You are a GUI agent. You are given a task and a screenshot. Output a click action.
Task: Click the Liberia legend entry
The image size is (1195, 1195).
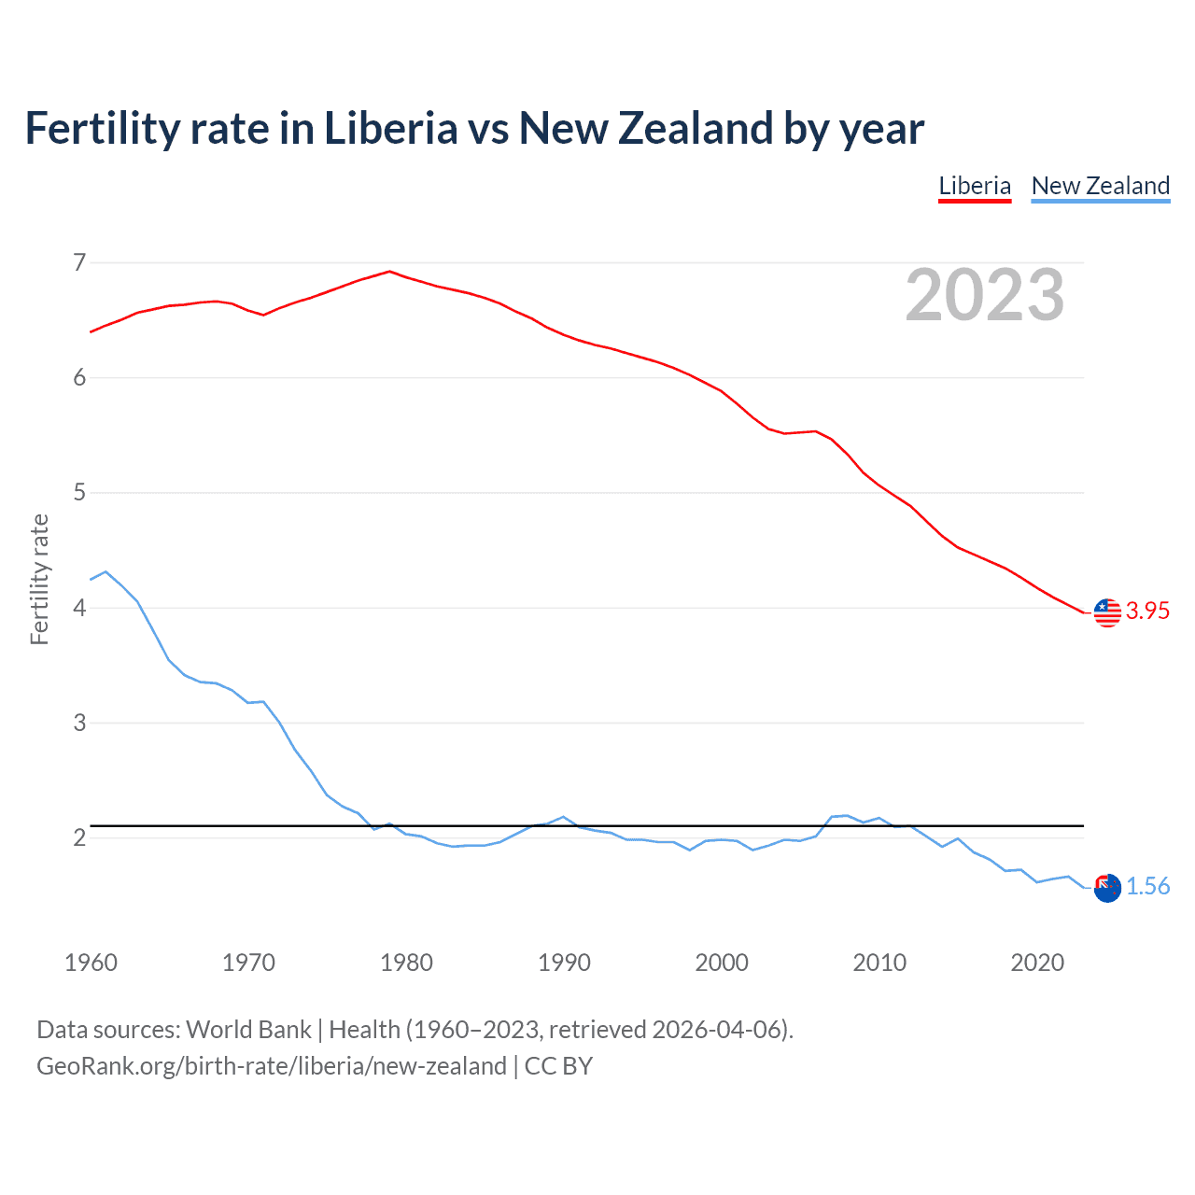975,186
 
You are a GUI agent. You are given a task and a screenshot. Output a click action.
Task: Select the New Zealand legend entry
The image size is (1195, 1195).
1100,186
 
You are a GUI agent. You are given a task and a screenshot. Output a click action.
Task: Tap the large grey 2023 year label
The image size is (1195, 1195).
984,295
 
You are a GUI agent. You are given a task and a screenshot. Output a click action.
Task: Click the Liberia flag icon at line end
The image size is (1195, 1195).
1107,612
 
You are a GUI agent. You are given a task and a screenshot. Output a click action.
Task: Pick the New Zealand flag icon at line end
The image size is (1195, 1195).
1107,888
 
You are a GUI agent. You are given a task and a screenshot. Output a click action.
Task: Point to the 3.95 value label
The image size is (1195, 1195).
1147,611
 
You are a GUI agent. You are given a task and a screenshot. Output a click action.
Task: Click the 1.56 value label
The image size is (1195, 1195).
1147,886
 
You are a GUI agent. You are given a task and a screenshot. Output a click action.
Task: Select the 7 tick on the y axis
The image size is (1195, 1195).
79,262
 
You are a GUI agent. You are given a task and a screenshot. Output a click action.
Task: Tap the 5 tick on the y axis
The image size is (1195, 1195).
79,492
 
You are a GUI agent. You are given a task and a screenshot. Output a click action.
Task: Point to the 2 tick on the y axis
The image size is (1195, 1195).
79,837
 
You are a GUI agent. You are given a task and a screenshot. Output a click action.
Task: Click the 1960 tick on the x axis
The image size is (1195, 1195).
91,963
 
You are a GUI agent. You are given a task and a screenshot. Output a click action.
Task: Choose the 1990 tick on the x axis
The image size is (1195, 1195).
564,963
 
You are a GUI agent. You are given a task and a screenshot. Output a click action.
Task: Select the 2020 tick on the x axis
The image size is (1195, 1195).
1037,963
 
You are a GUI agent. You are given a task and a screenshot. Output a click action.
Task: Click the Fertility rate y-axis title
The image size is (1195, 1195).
39,579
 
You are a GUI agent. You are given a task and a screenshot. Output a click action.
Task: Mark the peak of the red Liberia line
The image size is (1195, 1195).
389,272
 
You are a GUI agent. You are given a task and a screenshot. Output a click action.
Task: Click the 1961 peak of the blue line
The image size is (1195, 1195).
105,571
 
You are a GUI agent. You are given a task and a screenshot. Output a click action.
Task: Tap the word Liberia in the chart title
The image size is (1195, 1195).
390,129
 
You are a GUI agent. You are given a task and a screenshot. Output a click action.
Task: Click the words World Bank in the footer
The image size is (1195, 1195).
248,1030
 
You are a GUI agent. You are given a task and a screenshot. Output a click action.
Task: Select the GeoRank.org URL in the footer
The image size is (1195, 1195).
271,1066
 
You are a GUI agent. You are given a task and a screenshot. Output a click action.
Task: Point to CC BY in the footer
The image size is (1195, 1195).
558,1066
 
